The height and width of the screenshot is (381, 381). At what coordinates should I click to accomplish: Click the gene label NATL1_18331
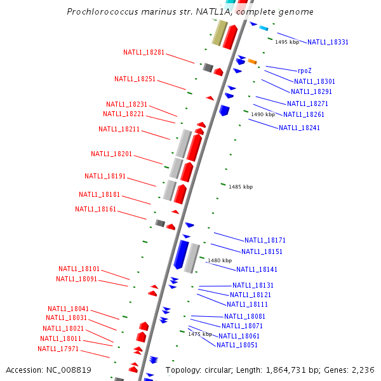328,43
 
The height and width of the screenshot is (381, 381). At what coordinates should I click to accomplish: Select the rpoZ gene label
305,71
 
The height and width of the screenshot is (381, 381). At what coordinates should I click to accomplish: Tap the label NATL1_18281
144,53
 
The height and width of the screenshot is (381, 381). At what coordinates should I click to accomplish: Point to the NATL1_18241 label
299,128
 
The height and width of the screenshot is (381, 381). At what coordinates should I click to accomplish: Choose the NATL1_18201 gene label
111,154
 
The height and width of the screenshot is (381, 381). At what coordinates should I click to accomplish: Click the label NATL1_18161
95,210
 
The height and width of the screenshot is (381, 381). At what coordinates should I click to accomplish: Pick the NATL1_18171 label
265,241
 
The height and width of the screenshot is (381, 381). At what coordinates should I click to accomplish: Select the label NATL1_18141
257,270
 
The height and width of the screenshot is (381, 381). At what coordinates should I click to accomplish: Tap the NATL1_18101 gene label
79,269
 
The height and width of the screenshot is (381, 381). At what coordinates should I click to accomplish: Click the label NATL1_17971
58,349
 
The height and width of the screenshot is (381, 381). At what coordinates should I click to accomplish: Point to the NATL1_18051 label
237,345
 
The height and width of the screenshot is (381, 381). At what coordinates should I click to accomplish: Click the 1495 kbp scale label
287,43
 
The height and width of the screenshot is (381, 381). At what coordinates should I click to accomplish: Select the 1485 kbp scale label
241,187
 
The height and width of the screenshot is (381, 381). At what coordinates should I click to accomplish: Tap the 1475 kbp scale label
199,335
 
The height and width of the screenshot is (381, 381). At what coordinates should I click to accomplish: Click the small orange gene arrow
252,62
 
